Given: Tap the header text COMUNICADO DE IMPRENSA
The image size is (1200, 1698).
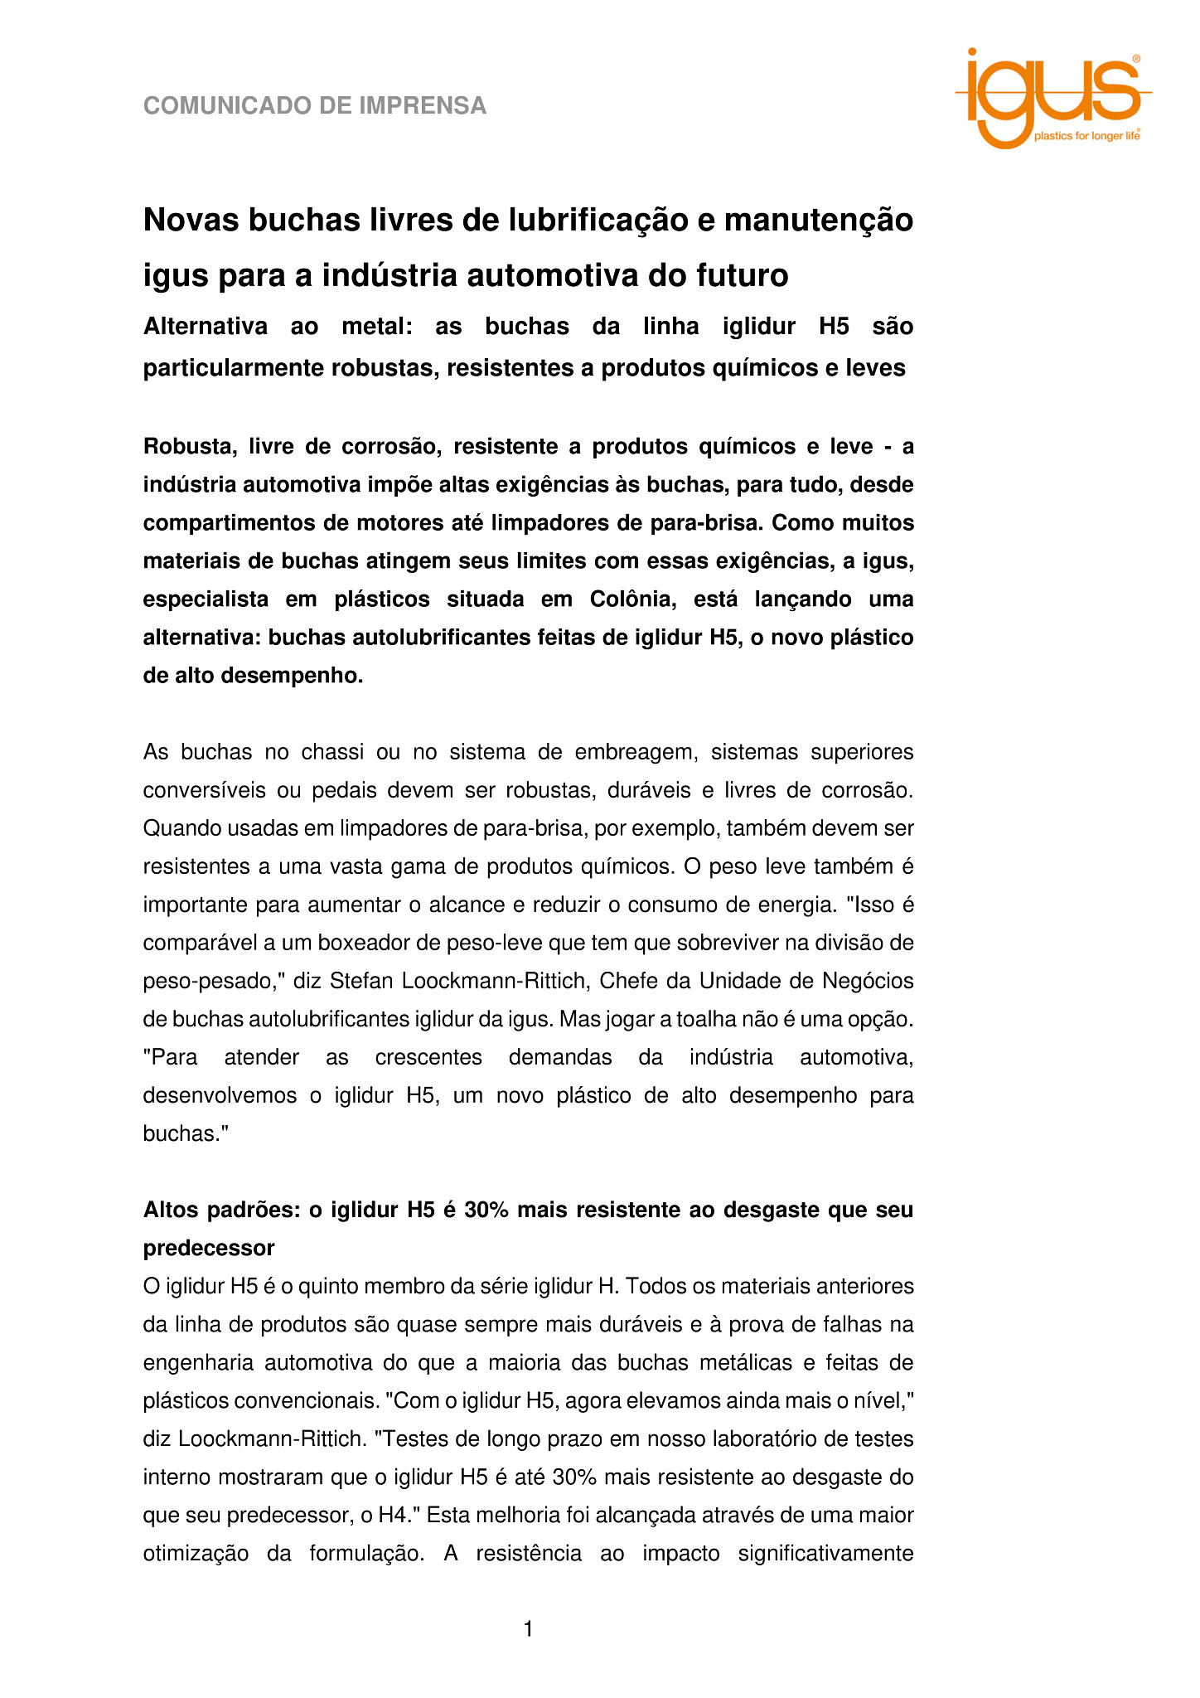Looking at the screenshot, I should pyautogui.click(x=314, y=106).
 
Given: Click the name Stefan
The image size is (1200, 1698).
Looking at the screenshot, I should pyautogui.click(x=360, y=981).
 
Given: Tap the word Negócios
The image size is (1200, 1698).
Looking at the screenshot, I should pyautogui.click(x=868, y=981).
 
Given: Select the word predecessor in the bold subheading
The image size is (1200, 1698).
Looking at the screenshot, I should pyautogui.click(x=209, y=1248).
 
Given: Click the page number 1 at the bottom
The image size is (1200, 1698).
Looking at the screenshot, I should pyautogui.click(x=528, y=1630).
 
